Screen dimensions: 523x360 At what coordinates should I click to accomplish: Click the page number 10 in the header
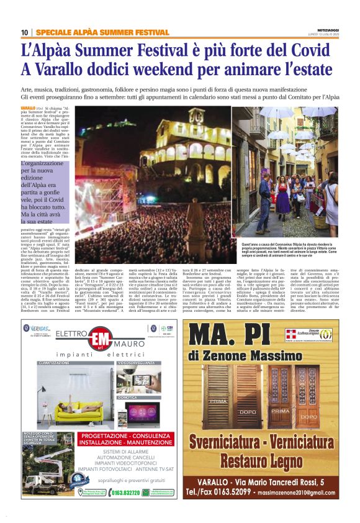[24, 32]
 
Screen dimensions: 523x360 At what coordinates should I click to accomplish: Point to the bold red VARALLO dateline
[28, 107]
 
